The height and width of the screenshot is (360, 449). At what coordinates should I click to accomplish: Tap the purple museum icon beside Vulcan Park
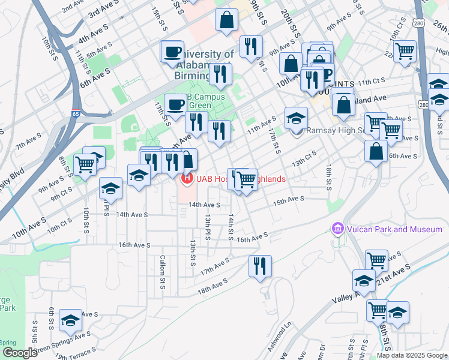click(337, 229)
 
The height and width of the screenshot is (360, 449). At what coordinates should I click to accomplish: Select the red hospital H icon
click(187, 178)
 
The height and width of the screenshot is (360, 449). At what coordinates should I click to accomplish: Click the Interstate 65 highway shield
click(76, 112)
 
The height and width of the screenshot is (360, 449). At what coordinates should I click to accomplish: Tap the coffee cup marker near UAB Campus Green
click(175, 104)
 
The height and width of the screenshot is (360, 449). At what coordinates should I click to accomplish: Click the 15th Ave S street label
click(289, 200)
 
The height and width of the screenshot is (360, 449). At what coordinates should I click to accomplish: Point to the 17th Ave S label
click(215, 266)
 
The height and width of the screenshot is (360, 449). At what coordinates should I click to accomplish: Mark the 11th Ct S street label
click(370, 81)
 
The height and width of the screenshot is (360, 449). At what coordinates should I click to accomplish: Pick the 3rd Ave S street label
click(103, 11)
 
